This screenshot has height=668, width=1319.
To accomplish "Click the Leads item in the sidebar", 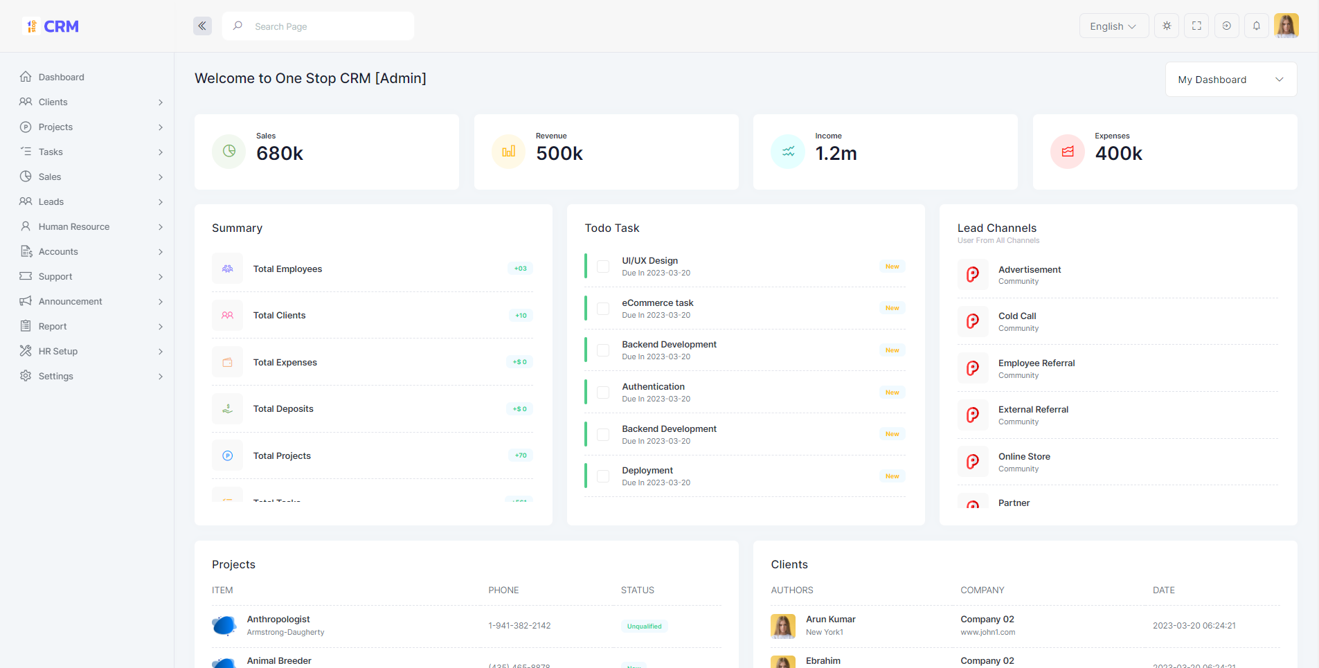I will pyautogui.click(x=51, y=201).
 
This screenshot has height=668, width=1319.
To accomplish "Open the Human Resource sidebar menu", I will pyautogui.click(x=74, y=226).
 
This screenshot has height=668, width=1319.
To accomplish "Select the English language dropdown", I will pyautogui.click(x=1113, y=26).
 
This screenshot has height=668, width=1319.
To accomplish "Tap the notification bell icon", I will pyautogui.click(x=1256, y=26).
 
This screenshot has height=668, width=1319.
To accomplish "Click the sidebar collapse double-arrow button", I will pyautogui.click(x=202, y=26).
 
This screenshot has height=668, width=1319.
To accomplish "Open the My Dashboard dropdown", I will pyautogui.click(x=1230, y=80).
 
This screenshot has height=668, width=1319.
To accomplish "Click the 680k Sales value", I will pyautogui.click(x=280, y=154).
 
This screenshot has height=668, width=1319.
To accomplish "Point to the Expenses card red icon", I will pyautogui.click(x=1067, y=152).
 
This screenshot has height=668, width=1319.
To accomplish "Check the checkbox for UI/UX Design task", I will pyautogui.click(x=603, y=267).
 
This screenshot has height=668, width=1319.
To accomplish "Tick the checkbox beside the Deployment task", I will pyautogui.click(x=603, y=476).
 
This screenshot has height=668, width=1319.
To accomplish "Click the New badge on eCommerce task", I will pyautogui.click(x=892, y=308).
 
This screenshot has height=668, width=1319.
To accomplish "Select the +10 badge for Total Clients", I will pyautogui.click(x=521, y=316).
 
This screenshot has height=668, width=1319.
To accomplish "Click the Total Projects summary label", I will pyautogui.click(x=282, y=455).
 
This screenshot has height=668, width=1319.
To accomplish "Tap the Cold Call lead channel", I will pyautogui.click(x=1017, y=316).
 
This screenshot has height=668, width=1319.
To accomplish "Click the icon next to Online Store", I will pyautogui.click(x=973, y=462).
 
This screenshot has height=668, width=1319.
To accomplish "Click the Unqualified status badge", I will pyautogui.click(x=644, y=626).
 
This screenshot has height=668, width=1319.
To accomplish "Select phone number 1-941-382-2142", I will pyautogui.click(x=519, y=626).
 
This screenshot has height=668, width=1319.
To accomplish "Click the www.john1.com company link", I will pyautogui.click(x=987, y=633).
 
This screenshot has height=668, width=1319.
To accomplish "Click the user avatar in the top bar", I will pyautogui.click(x=1286, y=26).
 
